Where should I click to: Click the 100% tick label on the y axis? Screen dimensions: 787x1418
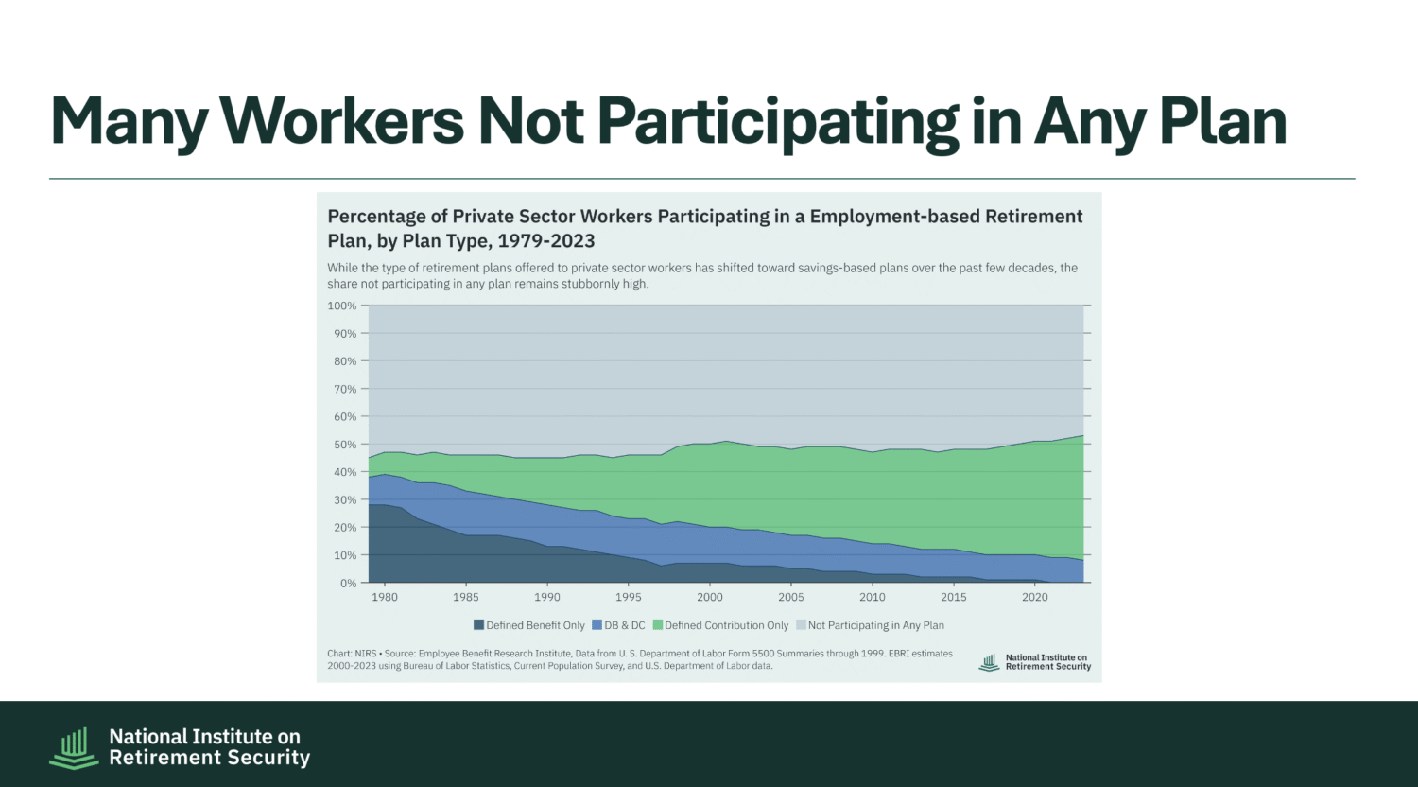(x=342, y=306)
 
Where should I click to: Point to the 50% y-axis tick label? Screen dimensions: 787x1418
(x=345, y=445)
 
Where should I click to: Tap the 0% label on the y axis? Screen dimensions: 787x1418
(x=348, y=583)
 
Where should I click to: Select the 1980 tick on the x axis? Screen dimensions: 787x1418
(x=385, y=597)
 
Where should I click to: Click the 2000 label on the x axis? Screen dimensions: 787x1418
(x=710, y=597)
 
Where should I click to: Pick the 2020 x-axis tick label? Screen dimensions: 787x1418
(x=1035, y=597)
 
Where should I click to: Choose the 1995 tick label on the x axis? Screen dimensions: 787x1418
(x=629, y=597)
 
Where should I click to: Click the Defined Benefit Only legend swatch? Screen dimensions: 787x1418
(x=478, y=625)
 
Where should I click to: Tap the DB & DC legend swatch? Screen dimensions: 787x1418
(x=597, y=625)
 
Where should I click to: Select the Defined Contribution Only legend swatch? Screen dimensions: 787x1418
(x=657, y=625)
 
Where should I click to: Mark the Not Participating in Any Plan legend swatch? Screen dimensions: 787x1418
(x=801, y=625)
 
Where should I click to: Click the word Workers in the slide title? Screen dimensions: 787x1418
(x=341, y=121)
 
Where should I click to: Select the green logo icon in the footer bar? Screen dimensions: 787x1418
(x=74, y=747)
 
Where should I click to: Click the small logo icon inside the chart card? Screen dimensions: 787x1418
(x=989, y=662)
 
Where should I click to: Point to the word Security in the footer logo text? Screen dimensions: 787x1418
(x=263, y=758)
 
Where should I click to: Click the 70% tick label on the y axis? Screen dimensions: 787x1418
(x=345, y=389)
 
